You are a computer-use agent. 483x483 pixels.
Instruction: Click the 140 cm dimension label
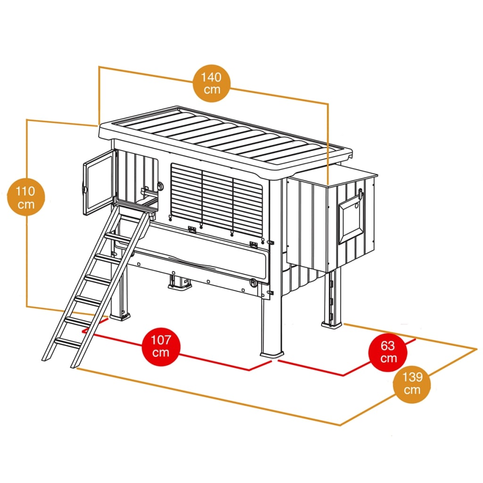(x=212, y=83)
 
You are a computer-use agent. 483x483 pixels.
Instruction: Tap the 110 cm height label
(x=26, y=198)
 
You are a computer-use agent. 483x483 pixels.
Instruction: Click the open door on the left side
(x=98, y=184)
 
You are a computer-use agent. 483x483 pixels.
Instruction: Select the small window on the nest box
(x=351, y=220)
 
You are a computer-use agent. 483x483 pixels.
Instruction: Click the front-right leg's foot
(x=272, y=353)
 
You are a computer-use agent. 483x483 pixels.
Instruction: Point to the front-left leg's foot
(x=120, y=315)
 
